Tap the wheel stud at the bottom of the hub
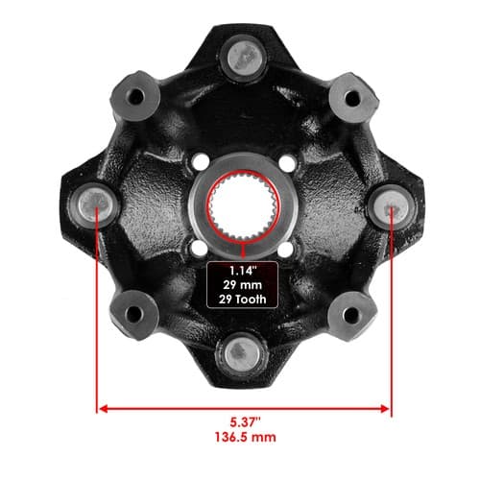242,353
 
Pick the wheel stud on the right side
391,204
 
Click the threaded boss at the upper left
134,96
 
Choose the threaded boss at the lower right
351,314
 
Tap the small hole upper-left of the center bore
201,161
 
